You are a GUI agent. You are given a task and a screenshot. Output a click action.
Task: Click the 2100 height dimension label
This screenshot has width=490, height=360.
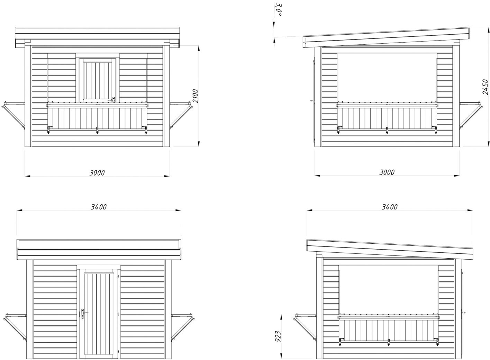point(195,96)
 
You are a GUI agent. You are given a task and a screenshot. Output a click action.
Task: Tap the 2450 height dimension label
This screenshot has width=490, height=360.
point(485,87)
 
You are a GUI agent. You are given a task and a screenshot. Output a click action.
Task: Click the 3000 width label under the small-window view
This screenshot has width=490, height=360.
point(97,172)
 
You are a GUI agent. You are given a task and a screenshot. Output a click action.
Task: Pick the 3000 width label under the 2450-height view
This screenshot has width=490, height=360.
point(387,172)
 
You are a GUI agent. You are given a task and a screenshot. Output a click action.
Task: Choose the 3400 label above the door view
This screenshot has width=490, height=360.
point(99,207)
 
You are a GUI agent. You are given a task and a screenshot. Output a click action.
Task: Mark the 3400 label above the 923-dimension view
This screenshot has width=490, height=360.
point(389,207)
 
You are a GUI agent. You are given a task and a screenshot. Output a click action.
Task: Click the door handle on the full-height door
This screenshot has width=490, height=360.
point(83,314)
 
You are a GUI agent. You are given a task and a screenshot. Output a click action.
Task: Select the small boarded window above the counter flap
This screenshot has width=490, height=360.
point(98,80)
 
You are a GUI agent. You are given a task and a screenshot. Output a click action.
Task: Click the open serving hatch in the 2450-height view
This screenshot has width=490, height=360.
point(387,77)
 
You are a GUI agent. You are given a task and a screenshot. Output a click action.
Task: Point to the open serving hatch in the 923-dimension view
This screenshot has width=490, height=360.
point(389,290)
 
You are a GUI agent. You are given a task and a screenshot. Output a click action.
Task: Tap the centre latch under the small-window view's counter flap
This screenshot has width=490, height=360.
point(97,131)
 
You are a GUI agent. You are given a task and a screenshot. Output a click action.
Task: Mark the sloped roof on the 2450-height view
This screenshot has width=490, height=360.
point(386,37)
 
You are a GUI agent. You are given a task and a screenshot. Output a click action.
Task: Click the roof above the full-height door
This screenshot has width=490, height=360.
point(99,247)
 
